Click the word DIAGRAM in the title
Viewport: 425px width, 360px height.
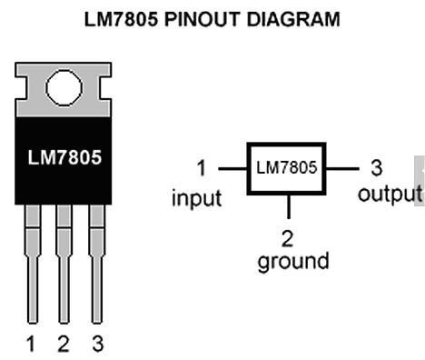(x=293, y=19)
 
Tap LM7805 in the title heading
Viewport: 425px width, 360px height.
(x=121, y=19)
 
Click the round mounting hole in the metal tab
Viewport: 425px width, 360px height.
(x=64, y=87)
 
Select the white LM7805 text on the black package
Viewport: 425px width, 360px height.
(x=64, y=157)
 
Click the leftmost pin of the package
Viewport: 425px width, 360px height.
(x=33, y=264)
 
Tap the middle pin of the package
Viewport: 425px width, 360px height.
(x=64, y=264)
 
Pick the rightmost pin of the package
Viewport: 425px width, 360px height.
(x=97, y=264)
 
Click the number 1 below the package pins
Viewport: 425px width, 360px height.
(x=31, y=344)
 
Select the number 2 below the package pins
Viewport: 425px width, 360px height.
(x=64, y=344)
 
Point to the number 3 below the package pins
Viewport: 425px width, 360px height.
(x=97, y=344)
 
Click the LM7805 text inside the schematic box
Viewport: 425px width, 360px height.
(x=286, y=167)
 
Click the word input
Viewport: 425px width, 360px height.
(x=197, y=198)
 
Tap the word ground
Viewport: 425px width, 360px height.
(x=293, y=261)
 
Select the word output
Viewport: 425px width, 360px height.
(x=390, y=194)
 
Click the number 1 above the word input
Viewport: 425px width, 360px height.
(x=202, y=168)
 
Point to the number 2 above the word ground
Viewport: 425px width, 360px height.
(x=287, y=238)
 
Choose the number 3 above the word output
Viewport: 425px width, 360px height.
(x=377, y=168)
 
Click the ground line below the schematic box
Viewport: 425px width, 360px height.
(x=289, y=206)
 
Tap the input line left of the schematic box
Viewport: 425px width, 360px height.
(x=232, y=168)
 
